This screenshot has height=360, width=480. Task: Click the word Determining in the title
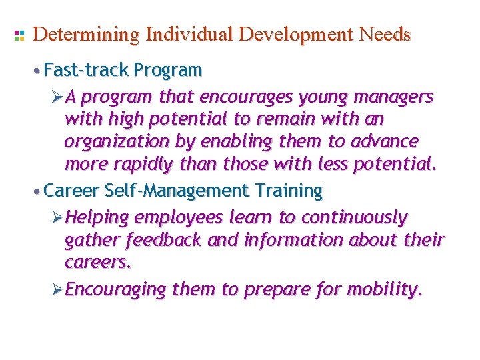click(x=86, y=35)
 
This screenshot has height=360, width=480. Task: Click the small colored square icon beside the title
click(x=19, y=35)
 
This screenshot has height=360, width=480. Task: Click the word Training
click(x=290, y=191)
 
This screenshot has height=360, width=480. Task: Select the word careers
click(x=98, y=262)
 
